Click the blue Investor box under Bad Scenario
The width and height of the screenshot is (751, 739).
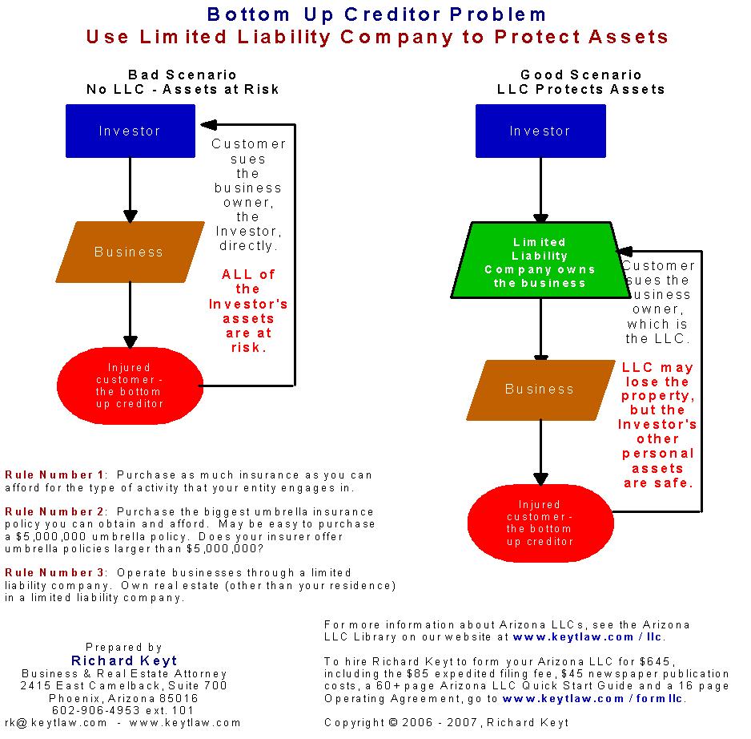[x=130, y=131]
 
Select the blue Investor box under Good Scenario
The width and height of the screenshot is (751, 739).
[x=540, y=131]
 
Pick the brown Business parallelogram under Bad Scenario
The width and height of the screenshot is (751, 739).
[x=129, y=252]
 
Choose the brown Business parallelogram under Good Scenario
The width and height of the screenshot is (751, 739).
[x=540, y=390]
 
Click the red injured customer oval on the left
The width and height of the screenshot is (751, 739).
[x=129, y=386]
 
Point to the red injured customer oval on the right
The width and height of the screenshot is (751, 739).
[x=540, y=523]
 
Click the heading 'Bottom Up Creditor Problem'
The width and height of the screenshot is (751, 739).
[x=376, y=14]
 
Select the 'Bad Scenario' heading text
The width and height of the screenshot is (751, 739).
[x=183, y=75]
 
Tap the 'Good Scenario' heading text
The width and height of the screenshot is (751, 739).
[x=581, y=75]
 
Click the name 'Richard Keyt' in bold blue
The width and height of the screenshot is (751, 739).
[x=123, y=660]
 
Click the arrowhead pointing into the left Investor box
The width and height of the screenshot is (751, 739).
[x=207, y=124]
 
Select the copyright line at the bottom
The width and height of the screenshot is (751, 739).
[x=447, y=722]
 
